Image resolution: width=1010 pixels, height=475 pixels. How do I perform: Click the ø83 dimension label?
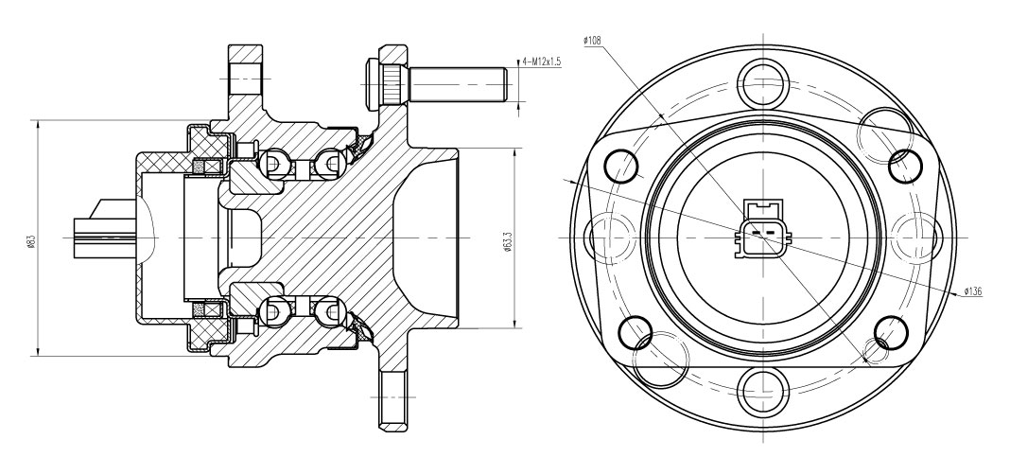point(31,240)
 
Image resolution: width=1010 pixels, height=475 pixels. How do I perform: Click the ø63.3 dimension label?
point(508,241)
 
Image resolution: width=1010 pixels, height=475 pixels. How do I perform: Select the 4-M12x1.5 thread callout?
point(542,62)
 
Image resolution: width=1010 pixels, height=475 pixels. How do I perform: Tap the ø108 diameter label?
point(592,41)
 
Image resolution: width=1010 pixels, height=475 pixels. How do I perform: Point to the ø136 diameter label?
point(972,292)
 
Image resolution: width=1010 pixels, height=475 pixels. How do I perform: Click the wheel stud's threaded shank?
point(458,84)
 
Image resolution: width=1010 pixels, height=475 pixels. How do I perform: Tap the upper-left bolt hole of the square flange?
point(622,167)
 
